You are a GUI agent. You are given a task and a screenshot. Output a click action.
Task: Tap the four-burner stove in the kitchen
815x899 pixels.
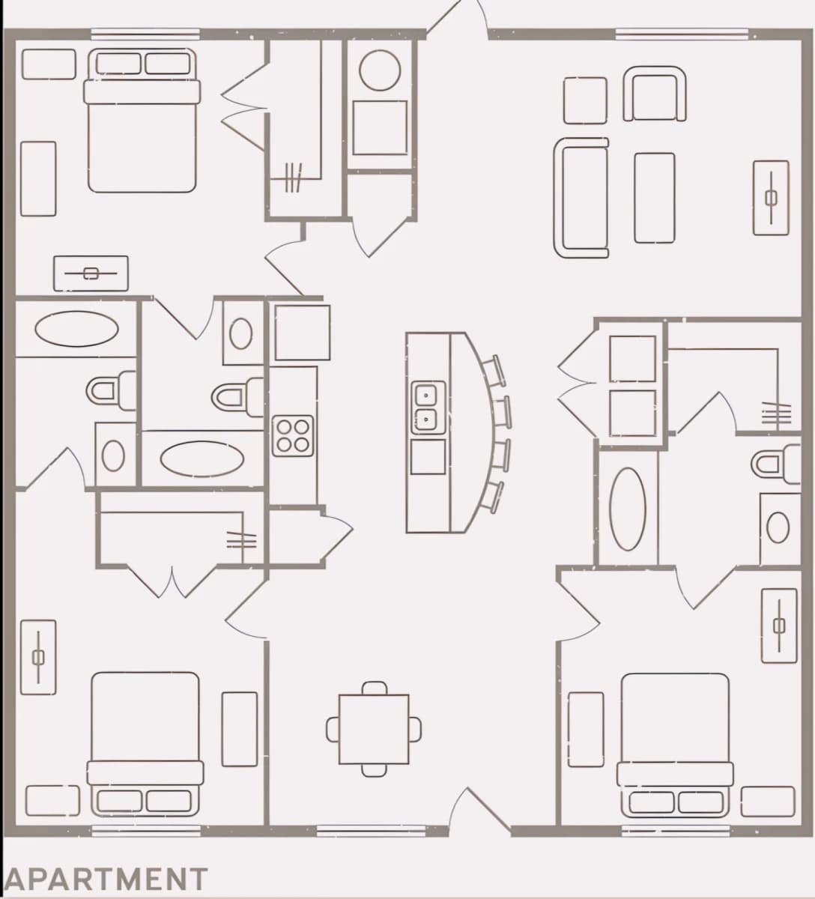tap(293, 436)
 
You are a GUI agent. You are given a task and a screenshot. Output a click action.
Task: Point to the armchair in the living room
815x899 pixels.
tap(654, 94)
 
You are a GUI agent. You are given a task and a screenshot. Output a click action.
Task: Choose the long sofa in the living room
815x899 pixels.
tap(581, 198)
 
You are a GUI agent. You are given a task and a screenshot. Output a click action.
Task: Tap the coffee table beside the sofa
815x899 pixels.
tap(655, 198)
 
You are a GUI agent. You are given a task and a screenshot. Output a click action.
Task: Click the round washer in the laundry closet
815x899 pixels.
tap(380, 71)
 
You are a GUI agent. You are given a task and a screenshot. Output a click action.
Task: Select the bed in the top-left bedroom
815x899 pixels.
tap(142, 121)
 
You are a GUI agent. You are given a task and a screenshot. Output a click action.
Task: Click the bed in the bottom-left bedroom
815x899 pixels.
tap(145, 744)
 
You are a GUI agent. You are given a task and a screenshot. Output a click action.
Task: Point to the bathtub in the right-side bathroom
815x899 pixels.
tap(628, 509)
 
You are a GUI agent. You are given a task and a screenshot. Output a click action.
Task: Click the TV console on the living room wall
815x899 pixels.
tap(771, 198)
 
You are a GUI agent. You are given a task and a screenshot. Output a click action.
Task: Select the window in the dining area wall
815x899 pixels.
tap(371, 832)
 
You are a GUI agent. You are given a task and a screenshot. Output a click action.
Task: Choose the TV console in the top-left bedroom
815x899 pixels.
tap(91, 273)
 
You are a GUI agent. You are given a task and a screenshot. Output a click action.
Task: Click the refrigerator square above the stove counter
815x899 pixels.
tap(303, 333)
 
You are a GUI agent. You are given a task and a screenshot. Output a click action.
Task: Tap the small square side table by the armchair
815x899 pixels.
tap(586, 100)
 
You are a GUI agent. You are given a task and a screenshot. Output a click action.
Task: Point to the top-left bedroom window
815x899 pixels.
tap(145, 34)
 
